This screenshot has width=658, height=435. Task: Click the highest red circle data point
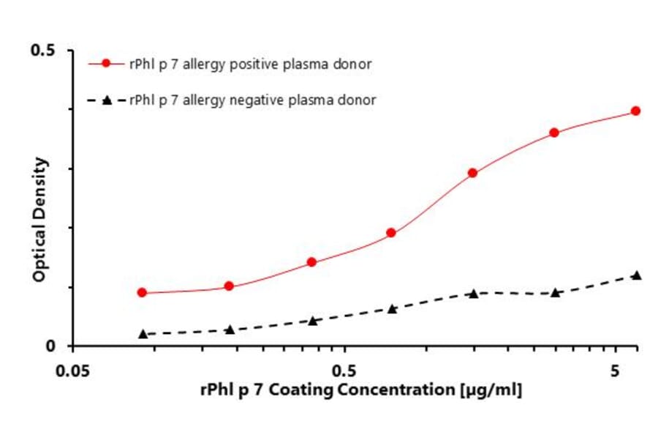click(635, 111)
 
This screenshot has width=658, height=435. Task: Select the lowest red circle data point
click(142, 293)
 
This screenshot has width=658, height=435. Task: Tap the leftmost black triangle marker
click(143, 334)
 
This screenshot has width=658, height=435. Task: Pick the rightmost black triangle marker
click(636, 275)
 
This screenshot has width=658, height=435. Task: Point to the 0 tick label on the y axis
click(51, 346)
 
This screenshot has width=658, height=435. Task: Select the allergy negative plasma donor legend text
click(253, 100)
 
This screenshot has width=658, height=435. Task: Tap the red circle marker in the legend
click(106, 64)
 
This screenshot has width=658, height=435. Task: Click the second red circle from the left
click(229, 286)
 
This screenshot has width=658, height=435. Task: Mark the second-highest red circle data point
click(554, 133)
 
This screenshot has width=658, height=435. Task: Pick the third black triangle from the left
click(313, 321)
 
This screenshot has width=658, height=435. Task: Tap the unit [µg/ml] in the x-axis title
click(490, 390)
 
